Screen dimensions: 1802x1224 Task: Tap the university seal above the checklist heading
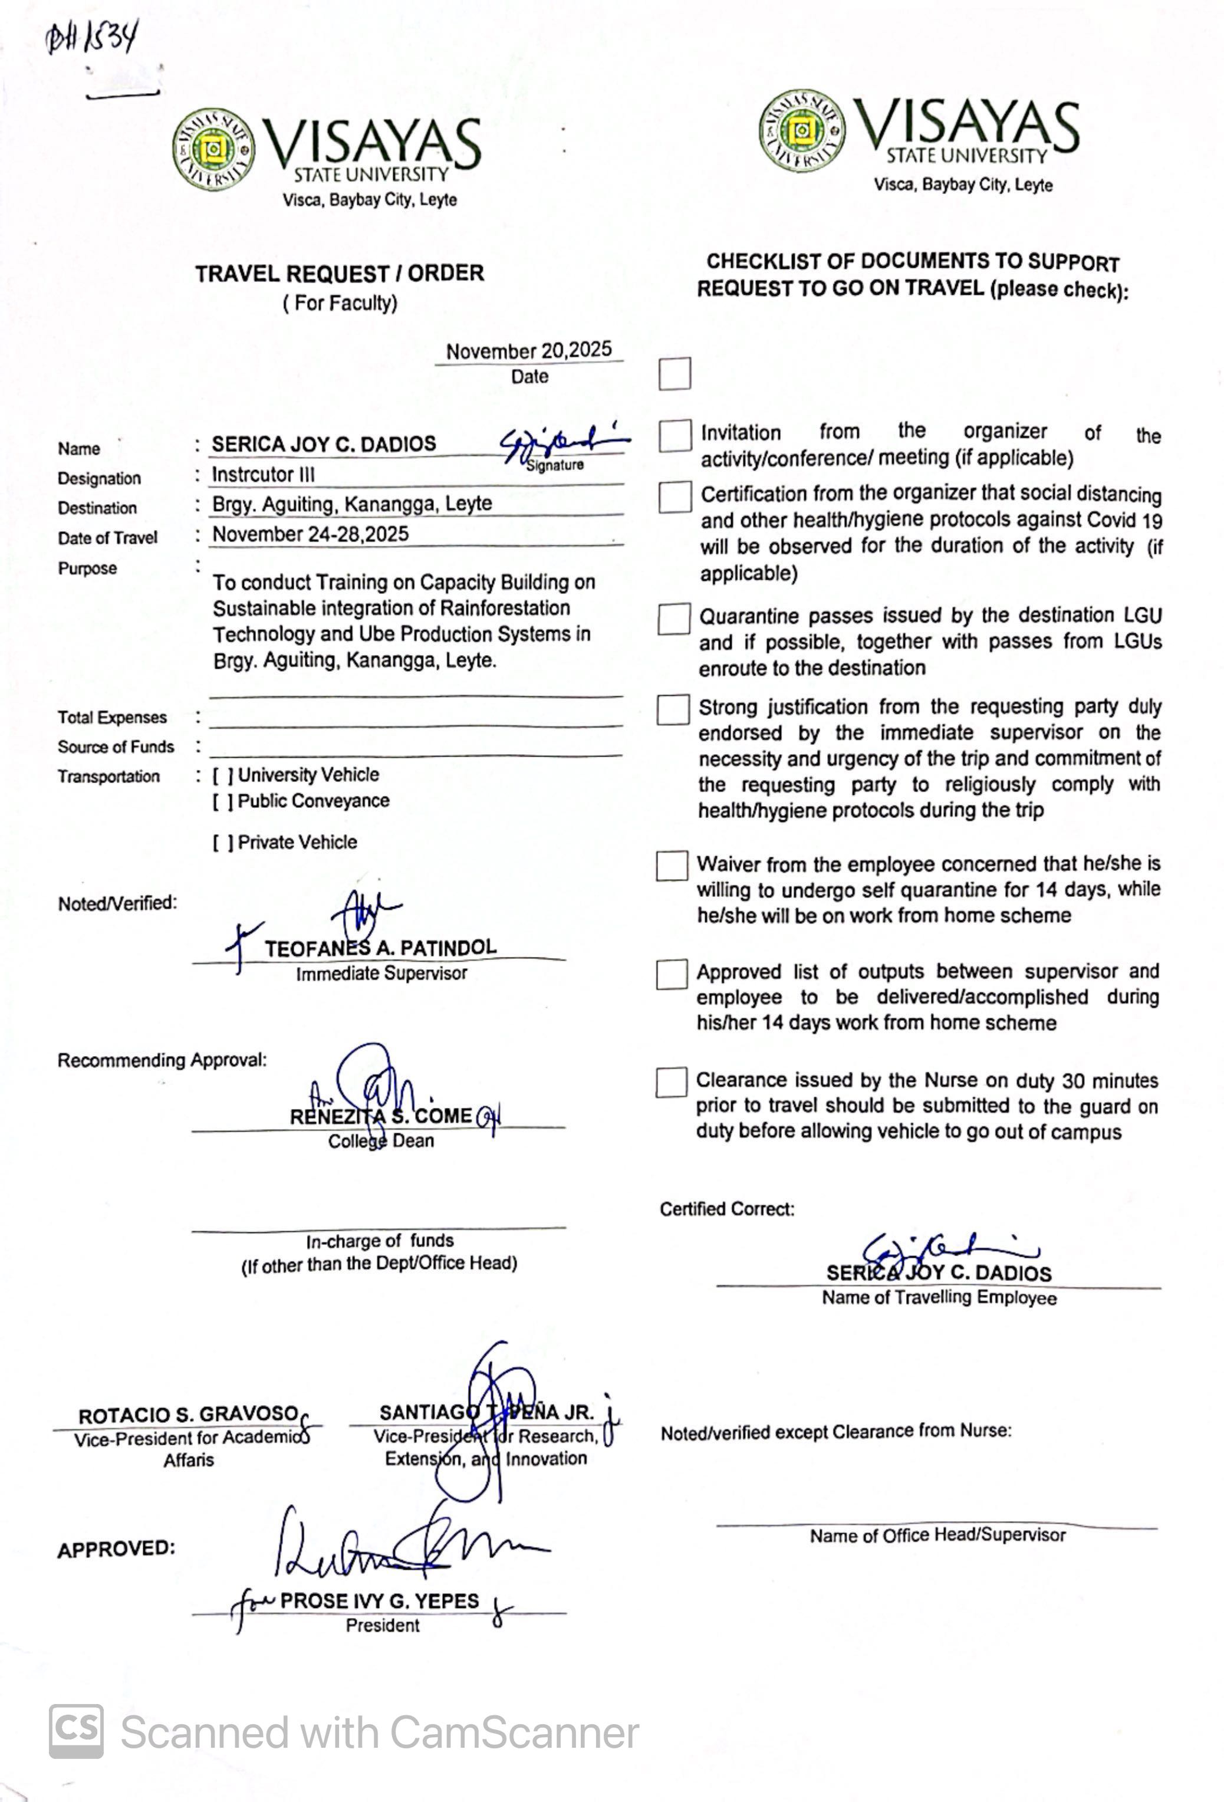(x=801, y=130)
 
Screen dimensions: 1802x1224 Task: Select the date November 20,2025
(x=529, y=350)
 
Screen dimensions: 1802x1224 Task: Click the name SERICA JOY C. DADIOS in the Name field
(x=324, y=444)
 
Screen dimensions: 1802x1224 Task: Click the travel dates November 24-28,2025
(x=310, y=534)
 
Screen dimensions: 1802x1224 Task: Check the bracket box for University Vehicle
(x=222, y=775)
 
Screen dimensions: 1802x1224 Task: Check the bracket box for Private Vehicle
(x=222, y=843)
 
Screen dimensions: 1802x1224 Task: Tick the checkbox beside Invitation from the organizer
(x=674, y=436)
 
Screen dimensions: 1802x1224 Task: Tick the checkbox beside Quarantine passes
(x=674, y=619)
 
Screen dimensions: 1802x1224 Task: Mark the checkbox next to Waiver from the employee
(x=672, y=866)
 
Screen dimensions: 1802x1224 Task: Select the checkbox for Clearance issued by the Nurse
(x=672, y=1083)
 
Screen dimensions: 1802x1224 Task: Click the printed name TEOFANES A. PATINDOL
(x=381, y=948)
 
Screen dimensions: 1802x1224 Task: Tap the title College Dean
(x=381, y=1140)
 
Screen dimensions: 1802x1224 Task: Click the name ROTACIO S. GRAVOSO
(x=188, y=1415)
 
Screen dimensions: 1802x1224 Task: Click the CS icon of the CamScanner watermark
(x=76, y=1731)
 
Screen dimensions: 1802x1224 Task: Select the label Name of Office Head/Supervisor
(x=937, y=1535)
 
